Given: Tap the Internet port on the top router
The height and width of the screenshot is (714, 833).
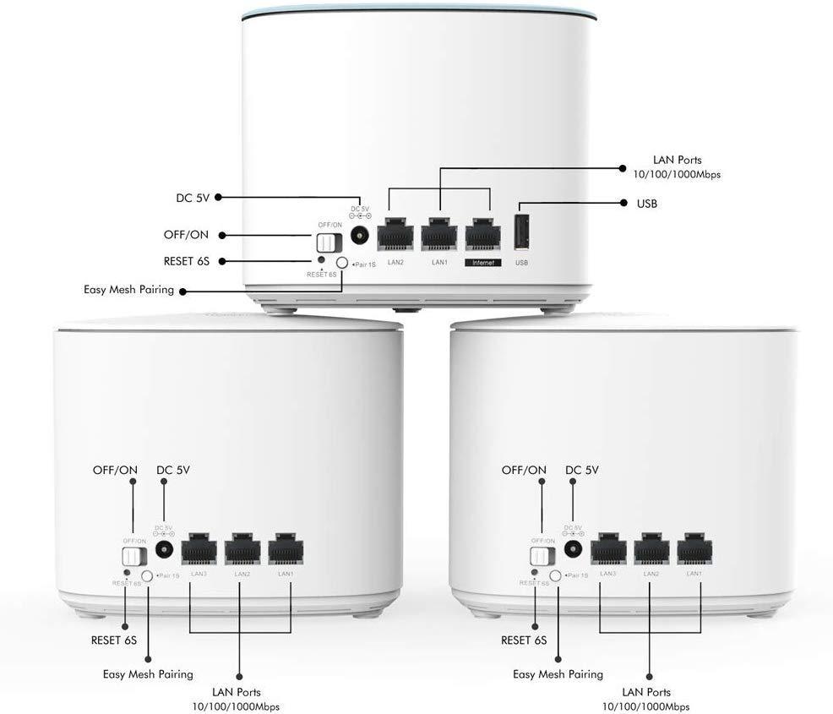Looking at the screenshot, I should (x=482, y=234).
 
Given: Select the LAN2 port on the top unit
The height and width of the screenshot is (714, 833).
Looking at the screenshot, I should (x=395, y=234).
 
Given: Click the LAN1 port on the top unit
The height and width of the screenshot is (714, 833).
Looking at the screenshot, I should (x=438, y=234).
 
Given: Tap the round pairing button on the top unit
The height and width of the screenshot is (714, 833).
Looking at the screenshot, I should (x=342, y=264).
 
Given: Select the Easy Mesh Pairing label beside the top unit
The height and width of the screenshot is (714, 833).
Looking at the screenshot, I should (x=128, y=290).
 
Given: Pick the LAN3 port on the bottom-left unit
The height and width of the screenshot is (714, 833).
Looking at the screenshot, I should (x=199, y=550).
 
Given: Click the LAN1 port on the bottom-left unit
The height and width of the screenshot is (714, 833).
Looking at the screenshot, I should (x=286, y=550).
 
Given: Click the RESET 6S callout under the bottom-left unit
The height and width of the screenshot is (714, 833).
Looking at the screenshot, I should (x=114, y=640).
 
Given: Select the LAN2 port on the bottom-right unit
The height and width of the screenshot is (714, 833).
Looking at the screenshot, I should (x=651, y=549).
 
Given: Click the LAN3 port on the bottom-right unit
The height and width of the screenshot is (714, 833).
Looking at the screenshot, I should (x=607, y=549).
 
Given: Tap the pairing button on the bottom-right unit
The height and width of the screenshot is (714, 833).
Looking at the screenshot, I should (x=556, y=575).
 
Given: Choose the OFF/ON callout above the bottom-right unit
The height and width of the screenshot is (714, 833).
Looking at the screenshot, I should (x=524, y=470).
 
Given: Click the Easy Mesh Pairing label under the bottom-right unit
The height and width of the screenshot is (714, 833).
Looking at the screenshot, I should (x=558, y=674).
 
